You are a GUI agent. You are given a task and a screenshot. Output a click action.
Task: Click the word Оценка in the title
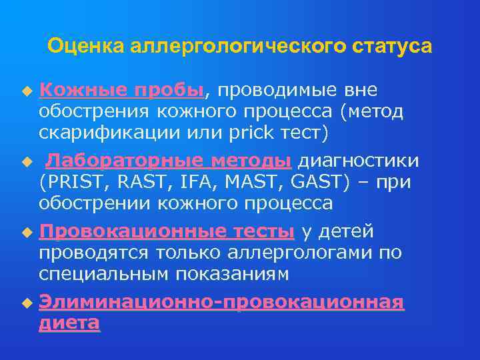pos(85,46)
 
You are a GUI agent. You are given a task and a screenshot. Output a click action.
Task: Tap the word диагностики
pos(358,161)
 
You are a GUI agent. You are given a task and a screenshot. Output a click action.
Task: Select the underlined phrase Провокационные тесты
pos(167,231)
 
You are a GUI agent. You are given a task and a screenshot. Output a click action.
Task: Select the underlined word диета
pos(69,323)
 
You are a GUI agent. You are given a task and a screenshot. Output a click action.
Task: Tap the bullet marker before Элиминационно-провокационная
pos(27,303)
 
